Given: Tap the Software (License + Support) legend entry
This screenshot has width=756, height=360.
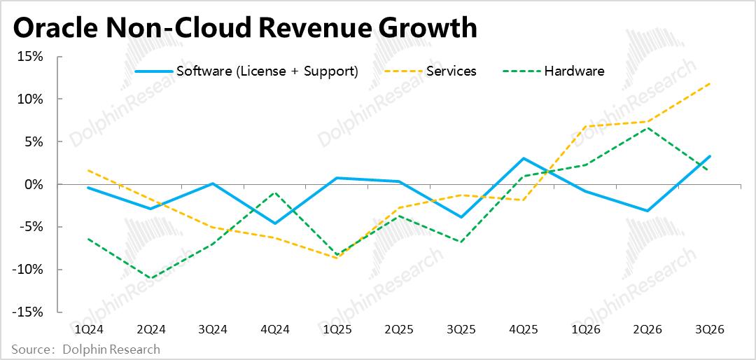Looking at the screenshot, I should (x=267, y=71).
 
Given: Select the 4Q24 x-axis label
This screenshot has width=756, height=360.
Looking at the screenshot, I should (x=274, y=328).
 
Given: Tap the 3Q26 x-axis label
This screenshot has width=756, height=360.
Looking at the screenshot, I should (x=710, y=328).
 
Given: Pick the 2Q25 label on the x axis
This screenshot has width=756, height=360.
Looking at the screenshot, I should (x=399, y=328).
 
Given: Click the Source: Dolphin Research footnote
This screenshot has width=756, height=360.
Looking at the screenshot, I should (x=85, y=349).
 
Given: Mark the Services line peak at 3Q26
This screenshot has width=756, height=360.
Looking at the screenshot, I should (x=710, y=83).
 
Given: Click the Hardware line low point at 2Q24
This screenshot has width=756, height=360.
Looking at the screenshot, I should (x=150, y=278).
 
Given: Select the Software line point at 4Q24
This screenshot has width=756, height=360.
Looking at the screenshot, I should (x=274, y=223).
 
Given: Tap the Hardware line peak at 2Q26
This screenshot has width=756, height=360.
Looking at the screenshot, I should (x=648, y=127).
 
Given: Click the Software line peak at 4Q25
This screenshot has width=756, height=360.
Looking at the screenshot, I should (x=524, y=158).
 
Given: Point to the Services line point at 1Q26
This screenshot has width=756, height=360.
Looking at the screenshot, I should (x=586, y=126).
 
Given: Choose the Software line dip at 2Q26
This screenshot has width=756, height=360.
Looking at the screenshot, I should (x=648, y=211).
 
